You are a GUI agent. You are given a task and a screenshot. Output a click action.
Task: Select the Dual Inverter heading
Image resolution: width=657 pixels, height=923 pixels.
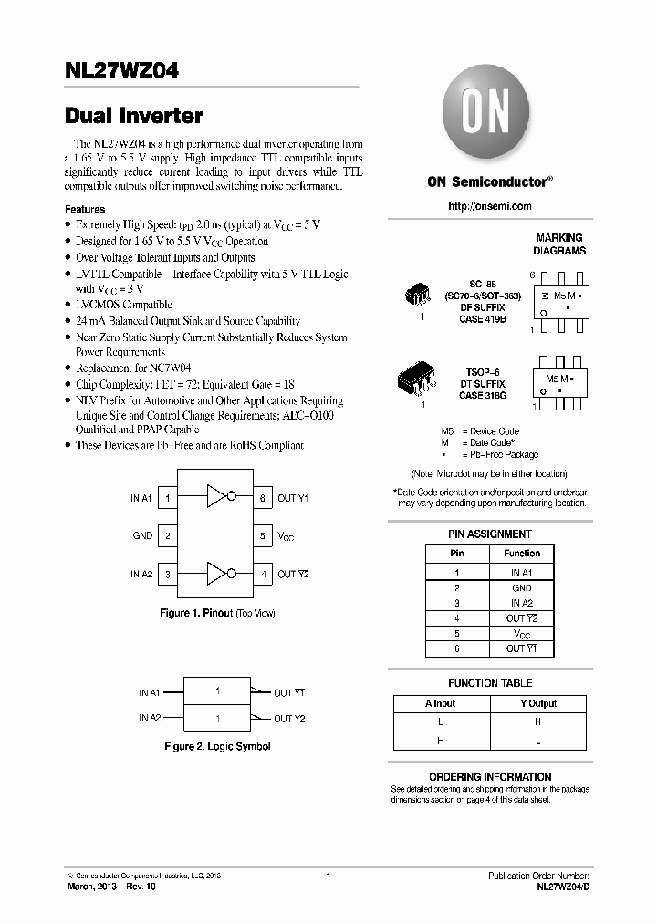133,116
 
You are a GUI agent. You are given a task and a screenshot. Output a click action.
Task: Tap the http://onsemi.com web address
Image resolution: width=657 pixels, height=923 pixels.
489,206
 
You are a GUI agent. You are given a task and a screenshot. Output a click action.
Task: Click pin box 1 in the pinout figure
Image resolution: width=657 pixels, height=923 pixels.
168,498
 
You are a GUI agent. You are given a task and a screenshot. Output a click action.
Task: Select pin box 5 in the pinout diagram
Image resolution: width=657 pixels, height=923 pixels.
263,536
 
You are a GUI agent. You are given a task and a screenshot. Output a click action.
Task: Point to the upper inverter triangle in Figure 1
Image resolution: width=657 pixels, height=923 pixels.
216,497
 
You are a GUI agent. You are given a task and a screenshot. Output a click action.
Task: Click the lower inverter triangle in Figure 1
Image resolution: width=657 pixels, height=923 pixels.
216,574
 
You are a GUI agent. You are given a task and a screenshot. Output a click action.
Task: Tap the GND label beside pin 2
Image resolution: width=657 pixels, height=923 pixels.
142,536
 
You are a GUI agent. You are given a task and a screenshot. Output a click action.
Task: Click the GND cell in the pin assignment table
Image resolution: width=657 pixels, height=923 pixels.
522,588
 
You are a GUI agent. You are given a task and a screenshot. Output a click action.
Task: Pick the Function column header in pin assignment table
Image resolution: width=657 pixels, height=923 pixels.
522,553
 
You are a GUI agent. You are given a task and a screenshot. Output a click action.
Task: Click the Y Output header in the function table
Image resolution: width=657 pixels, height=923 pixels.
537,703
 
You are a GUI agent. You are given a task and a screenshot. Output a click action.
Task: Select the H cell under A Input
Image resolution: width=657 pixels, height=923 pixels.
441,741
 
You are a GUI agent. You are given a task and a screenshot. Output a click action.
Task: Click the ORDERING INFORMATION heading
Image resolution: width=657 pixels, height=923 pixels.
489,777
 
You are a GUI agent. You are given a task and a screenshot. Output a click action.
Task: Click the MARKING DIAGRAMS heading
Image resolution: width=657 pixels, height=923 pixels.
559,244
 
